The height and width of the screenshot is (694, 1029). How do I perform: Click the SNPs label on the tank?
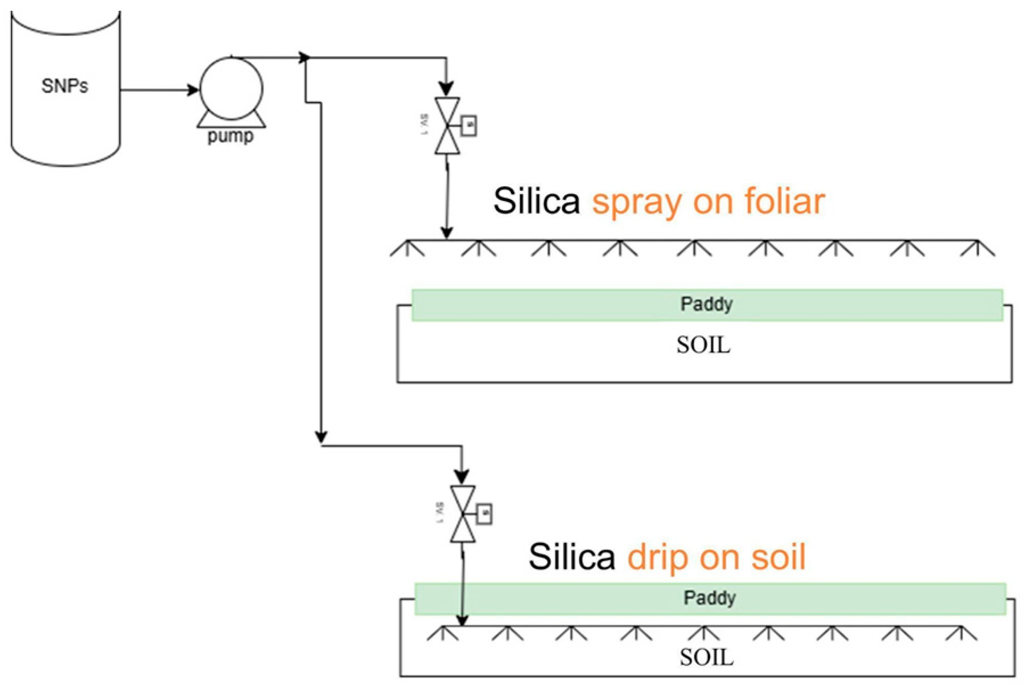click(65, 86)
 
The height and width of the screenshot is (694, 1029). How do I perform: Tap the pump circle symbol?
click(231, 89)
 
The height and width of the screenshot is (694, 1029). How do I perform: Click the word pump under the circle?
click(231, 137)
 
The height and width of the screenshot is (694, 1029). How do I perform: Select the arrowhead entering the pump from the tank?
click(193, 90)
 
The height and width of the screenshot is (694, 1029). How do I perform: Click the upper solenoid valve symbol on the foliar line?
click(447, 126)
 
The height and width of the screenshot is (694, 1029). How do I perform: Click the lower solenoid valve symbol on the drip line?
click(463, 514)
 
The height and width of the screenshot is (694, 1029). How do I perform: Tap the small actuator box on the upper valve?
click(469, 125)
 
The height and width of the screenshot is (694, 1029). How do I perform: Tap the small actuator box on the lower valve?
click(484, 514)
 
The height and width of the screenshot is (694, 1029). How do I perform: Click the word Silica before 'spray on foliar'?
click(536, 201)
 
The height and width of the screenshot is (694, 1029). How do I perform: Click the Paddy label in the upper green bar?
click(706, 304)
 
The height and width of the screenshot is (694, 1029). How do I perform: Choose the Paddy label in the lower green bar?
click(710, 598)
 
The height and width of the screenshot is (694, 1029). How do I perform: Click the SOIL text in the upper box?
click(703, 345)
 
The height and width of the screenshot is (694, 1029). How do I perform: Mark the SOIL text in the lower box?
click(706, 658)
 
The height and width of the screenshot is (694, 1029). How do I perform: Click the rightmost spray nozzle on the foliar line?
click(977, 248)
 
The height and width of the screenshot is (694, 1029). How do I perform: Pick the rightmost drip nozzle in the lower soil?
click(961, 633)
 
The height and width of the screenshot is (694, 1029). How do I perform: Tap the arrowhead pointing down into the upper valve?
click(447, 89)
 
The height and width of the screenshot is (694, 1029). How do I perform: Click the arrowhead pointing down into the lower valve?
click(462, 477)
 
